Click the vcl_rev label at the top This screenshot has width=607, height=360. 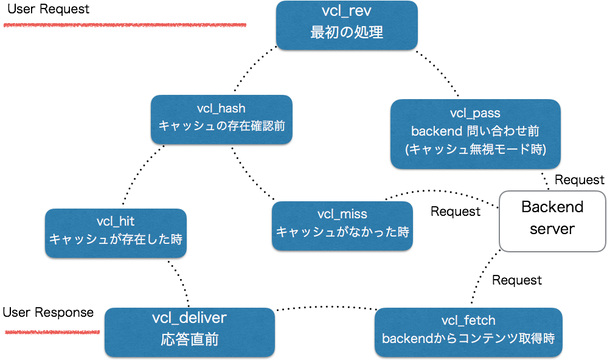coord(346,12)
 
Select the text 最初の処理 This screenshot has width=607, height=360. coord(346,33)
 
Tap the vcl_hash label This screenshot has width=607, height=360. coord(221,109)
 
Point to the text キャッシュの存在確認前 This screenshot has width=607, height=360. coord(221,126)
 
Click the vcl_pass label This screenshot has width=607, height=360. coord(475,113)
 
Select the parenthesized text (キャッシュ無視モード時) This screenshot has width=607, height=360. coord(475,148)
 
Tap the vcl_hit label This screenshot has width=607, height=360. coord(116,222)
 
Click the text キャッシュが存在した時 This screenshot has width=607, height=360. coord(116,239)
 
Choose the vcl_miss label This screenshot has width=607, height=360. coord(342,214)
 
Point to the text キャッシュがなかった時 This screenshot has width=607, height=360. coord(342,232)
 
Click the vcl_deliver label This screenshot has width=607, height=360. coord(189,318)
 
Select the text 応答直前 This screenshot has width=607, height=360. coord(189,339)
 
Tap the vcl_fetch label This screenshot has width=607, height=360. coord(468,320)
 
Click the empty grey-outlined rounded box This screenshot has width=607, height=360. coord(552,221)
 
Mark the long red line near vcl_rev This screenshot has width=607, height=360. coord(125,25)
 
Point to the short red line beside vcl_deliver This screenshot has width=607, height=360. coord(52,332)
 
